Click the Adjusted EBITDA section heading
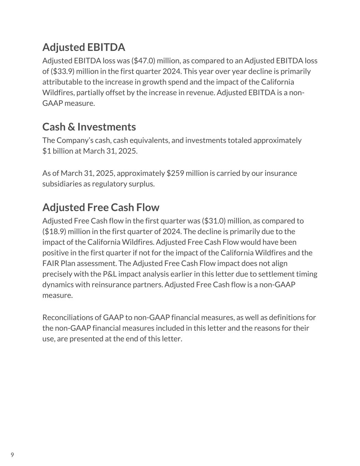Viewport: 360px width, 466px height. coord(84,47)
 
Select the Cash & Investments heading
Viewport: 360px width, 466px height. coord(89,127)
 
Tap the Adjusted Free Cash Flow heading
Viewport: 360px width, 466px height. coord(101,207)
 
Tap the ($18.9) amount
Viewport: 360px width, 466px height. coord(54,231)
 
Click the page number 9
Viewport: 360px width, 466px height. coord(12,455)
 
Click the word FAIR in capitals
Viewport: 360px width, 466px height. coord(51,263)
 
